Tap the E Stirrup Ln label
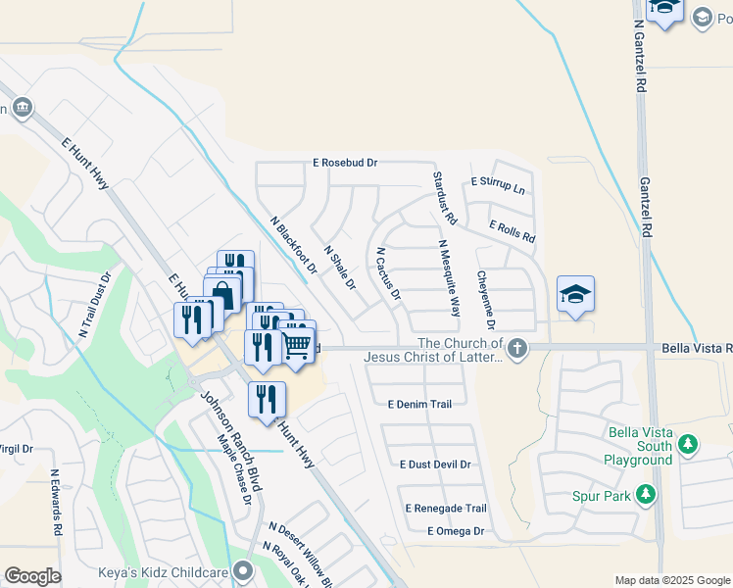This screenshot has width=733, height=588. [x=498, y=183]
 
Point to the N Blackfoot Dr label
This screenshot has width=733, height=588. [x=293, y=245]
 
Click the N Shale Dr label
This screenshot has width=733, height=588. [x=339, y=268]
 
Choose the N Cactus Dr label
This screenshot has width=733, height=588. [x=388, y=272]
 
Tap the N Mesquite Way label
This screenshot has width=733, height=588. [x=449, y=278]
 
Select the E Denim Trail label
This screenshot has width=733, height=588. [x=419, y=404]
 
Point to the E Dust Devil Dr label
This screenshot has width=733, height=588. [x=435, y=465]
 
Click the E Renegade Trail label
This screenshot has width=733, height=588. [x=445, y=509]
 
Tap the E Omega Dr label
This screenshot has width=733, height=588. [x=456, y=531]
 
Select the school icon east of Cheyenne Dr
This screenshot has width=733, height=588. [x=576, y=293]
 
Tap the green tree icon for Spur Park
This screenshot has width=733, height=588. [x=646, y=495]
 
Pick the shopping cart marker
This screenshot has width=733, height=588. [x=296, y=344]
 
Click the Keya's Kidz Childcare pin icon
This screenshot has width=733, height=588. [x=244, y=572]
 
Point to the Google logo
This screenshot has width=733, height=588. [x=32, y=576]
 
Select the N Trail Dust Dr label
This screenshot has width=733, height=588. [x=97, y=305]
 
